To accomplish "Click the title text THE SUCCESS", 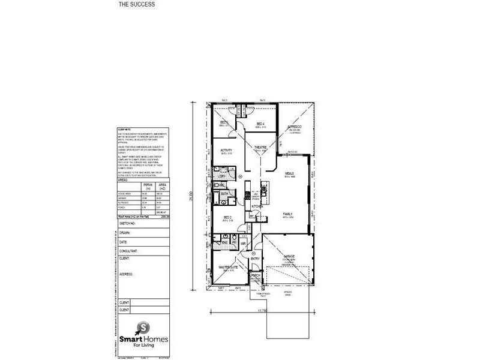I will pyautogui.click(x=137, y=4).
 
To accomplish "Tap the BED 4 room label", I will pyautogui.click(x=260, y=124).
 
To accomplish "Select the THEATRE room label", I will pyautogui.click(x=260, y=148).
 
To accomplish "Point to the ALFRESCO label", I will pyautogui.click(x=295, y=127).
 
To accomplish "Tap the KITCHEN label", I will pyautogui.click(x=257, y=206).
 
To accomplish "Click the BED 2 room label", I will pyautogui.click(x=227, y=217).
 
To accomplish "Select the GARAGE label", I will pyautogui.click(x=289, y=256).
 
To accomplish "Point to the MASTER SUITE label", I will pyautogui.click(x=228, y=268).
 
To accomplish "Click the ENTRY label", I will pyautogui.click(x=256, y=259).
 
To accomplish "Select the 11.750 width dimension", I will pyautogui.click(x=262, y=311).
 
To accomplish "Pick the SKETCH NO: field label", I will pyautogui.click(x=128, y=223).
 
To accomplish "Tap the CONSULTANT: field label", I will pyautogui.click(x=130, y=251).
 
